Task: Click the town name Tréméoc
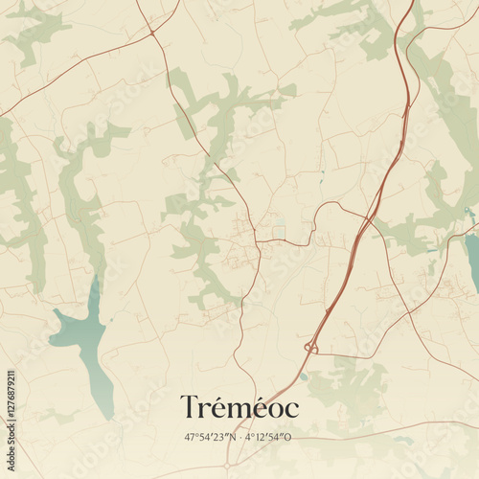(239, 408)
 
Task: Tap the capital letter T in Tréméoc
(191, 407)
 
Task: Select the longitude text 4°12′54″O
(267, 438)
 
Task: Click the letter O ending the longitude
(287, 438)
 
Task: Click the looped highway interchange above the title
(310, 347)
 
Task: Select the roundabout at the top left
(152, 33)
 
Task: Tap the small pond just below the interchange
(305, 376)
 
